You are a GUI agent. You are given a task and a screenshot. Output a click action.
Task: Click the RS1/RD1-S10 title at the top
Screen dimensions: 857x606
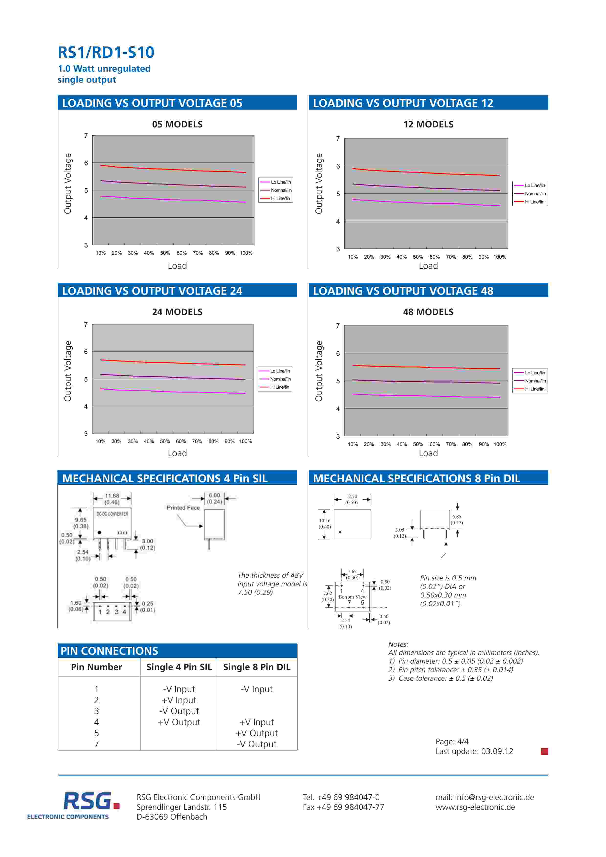(x=106, y=52)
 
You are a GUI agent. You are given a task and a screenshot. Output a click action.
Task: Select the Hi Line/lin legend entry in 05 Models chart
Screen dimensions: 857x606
(x=280, y=198)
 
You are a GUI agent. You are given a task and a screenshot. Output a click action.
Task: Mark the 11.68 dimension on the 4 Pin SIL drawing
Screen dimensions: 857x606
(x=112, y=496)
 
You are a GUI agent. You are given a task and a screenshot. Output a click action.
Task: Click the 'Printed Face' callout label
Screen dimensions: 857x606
(x=183, y=508)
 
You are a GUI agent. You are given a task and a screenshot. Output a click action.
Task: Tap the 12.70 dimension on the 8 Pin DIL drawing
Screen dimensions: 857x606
(x=352, y=496)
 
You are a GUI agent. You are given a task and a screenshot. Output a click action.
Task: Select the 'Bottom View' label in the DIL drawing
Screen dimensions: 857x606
(x=352, y=597)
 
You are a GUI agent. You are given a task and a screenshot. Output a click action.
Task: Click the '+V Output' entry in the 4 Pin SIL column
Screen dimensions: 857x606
(x=179, y=722)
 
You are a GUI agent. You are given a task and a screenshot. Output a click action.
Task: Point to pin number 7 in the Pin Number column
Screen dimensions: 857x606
(x=97, y=744)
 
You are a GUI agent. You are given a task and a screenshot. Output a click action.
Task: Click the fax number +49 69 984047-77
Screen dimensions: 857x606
(x=343, y=807)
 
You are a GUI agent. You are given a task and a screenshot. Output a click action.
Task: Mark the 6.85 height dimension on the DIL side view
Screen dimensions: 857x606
(x=457, y=517)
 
